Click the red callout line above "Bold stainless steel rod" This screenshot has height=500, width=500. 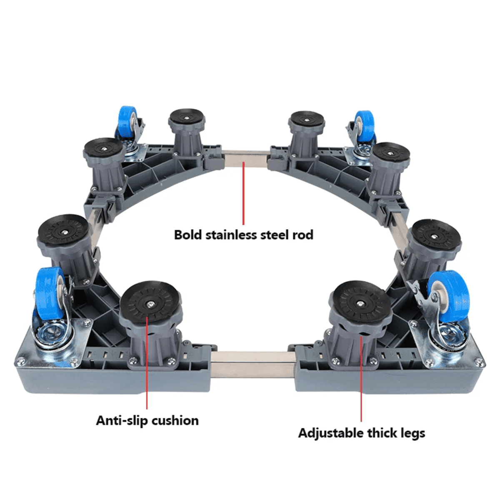click(x=243, y=193)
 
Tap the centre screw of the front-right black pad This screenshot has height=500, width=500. click(x=359, y=303)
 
